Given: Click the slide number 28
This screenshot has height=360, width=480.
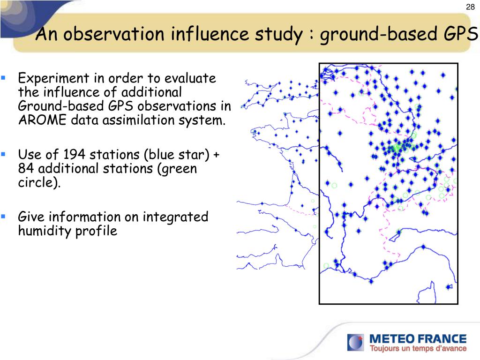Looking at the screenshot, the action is coord(470,7).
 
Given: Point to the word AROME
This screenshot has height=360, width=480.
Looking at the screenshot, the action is coord(42,120).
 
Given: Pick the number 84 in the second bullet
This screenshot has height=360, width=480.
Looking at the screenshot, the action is coord(26,168).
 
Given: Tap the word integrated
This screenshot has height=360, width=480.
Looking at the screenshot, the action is coord(175,217).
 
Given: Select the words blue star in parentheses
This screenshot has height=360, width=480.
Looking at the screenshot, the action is coord(177,155).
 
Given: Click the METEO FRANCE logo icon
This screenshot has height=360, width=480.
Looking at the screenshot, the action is coord(355,342).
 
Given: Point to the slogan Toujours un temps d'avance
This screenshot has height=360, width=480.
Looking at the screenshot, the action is coord(418,348).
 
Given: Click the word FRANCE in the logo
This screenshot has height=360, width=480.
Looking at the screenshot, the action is coord(442,339).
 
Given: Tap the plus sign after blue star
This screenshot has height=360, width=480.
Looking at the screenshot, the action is coord(217,155).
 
